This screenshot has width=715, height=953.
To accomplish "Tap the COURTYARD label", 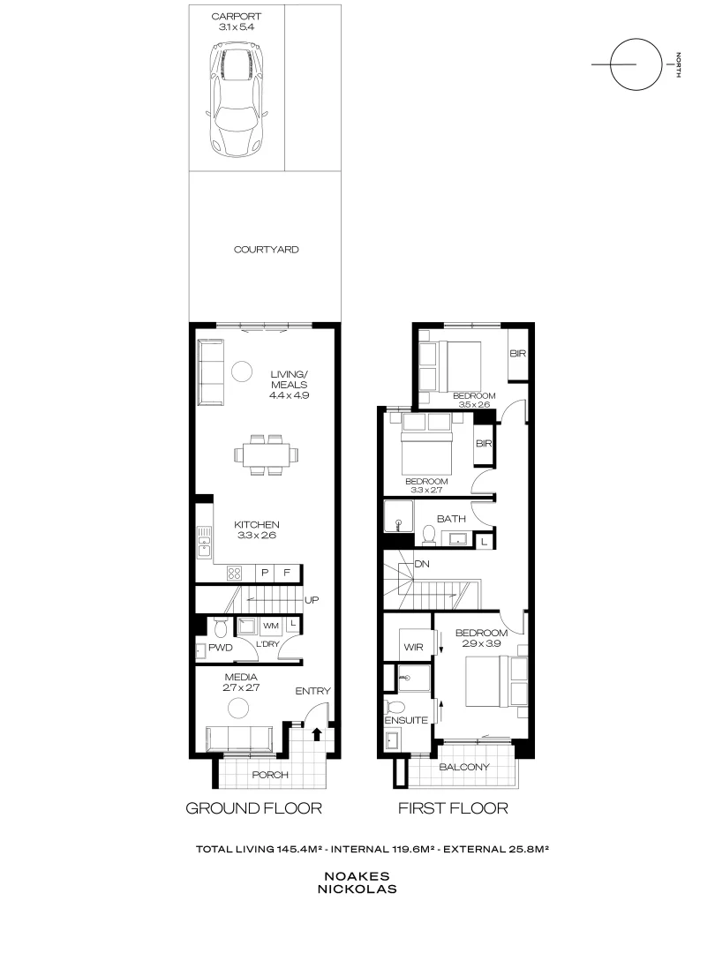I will point(266,250).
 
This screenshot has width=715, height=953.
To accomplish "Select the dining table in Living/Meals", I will point(266,455).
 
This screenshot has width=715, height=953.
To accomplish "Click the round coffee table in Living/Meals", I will point(242,372).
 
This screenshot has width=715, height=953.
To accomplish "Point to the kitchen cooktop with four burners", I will point(236,572).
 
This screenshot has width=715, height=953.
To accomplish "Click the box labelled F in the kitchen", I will point(286,573).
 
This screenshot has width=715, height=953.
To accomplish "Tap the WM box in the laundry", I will point(271,626).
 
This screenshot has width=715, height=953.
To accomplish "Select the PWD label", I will point(220,648).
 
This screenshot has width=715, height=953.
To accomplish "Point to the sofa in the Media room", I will point(240,738).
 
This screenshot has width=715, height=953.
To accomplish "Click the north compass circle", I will point(636,65).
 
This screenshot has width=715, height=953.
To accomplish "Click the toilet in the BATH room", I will point(429,535).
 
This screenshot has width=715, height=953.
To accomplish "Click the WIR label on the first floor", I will point(413,647).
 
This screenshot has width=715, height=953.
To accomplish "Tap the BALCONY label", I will point(464,767).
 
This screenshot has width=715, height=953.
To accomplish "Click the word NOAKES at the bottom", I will point(360,876).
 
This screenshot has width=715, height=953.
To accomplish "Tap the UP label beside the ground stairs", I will point(312,600).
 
